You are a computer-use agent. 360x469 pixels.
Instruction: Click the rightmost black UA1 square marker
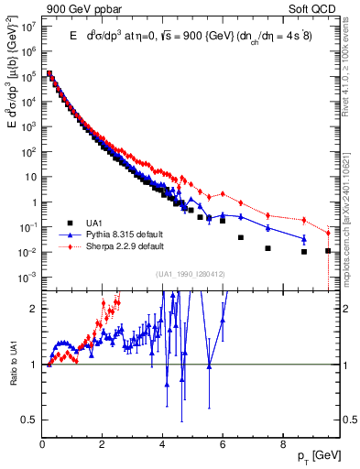click(328, 250)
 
